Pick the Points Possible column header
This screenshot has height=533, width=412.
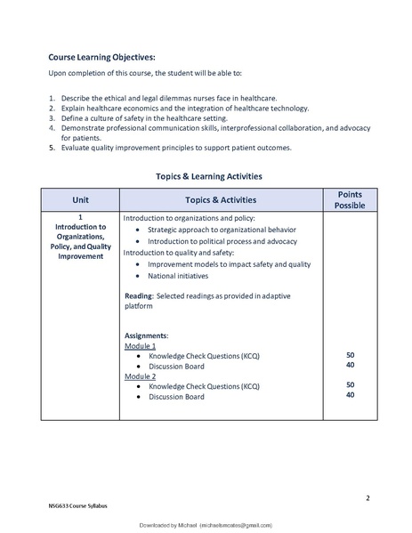[350, 199]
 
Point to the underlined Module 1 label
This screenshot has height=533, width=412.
[141, 344]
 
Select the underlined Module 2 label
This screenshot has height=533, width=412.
[141, 376]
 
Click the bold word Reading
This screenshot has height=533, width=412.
[139, 295]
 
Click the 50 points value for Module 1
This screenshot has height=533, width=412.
[350, 355]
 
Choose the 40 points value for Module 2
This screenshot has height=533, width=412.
[350, 395]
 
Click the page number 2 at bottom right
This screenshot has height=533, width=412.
[368, 497]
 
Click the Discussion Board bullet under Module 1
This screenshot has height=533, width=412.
[176, 366]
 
